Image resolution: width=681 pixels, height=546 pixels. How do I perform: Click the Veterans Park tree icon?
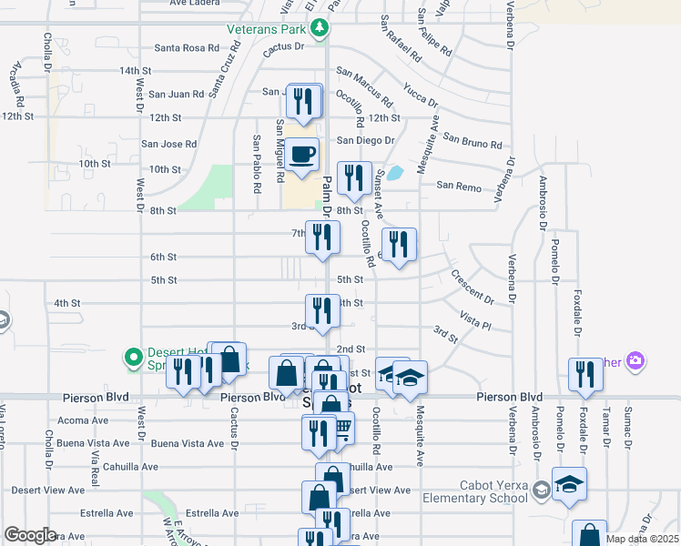(319, 28)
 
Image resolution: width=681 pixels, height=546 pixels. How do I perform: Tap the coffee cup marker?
(301, 153)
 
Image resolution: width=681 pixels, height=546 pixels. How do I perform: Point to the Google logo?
(29, 535)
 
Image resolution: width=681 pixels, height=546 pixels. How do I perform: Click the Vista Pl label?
(475, 320)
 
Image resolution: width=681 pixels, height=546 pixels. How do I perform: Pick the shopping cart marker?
(340, 426)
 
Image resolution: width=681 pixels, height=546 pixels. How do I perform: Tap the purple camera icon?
(635, 361)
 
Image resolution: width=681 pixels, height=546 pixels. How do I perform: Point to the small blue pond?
(395, 173)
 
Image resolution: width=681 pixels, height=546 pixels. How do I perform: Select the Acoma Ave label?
(81, 420)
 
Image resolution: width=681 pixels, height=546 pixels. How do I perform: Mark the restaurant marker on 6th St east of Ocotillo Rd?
(399, 243)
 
